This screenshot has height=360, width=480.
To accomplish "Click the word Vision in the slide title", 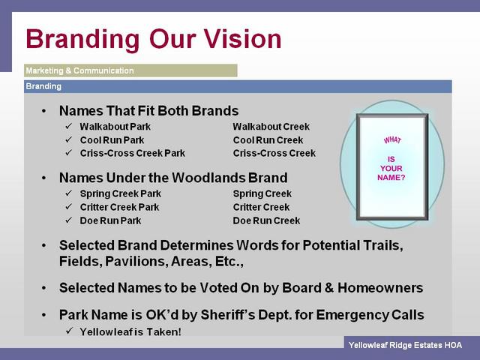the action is point(242,39).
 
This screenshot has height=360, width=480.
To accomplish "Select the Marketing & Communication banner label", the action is point(80,70).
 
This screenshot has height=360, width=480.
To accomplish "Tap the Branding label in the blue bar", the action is point(43,86).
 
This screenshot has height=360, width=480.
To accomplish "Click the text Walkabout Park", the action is point(115,127).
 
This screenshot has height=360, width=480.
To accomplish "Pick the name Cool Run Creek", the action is point(268,140).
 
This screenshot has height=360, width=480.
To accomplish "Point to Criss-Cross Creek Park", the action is point(133,153).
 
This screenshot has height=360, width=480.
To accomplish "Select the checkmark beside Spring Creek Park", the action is point(68,193).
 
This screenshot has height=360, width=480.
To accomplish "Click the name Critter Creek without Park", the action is point(261,207).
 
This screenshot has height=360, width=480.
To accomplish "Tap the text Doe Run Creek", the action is point(266,220).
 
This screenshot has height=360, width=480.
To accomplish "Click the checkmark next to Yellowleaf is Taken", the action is point(69,331).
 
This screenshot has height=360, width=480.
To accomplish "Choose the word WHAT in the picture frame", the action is point(392,140).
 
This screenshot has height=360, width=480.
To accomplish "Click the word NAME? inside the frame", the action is point(391,178).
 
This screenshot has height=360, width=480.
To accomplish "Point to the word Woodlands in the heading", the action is point(208,178).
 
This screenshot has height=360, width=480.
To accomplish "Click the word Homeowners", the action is point(380,288).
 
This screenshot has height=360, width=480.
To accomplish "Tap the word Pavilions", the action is point(136,262).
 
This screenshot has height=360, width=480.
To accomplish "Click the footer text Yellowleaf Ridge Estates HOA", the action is point(405,345).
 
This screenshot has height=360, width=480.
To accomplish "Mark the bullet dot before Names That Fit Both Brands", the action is point(44,111).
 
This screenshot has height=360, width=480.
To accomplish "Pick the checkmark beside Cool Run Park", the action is point(68,139).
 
